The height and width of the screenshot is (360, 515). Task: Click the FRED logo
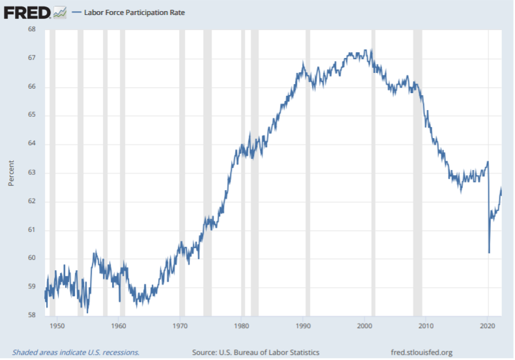coord(27,11)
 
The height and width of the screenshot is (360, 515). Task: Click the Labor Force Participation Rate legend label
coord(135,12)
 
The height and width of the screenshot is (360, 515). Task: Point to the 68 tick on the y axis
coord(31,29)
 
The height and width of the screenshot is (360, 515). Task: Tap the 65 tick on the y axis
coord(31,115)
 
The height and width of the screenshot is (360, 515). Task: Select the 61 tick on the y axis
coord(31,230)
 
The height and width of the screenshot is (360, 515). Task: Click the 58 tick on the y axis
coord(31,316)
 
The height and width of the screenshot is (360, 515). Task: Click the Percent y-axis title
coord(11,173)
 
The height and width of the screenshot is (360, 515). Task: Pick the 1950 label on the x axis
coord(57,325)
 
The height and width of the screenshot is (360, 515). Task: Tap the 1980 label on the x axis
coord(242,325)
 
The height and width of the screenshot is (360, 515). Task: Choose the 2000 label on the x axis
coord(365,325)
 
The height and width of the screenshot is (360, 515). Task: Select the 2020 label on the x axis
coord(488,325)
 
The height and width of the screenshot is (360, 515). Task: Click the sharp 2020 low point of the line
coord(489,252)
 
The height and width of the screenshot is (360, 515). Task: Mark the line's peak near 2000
coord(367,50)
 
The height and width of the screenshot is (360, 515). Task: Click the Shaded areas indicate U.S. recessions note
coord(76,352)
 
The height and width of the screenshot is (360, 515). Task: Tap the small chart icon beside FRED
coord(60,12)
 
